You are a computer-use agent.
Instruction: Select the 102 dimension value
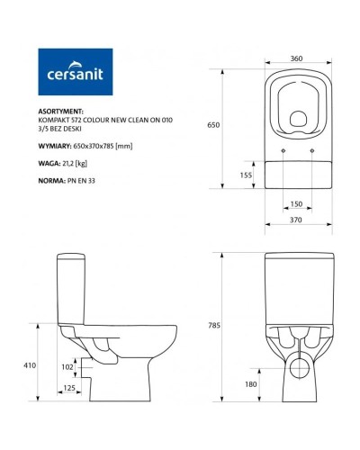tap(66, 367)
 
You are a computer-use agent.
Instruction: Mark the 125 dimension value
tap(69, 389)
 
